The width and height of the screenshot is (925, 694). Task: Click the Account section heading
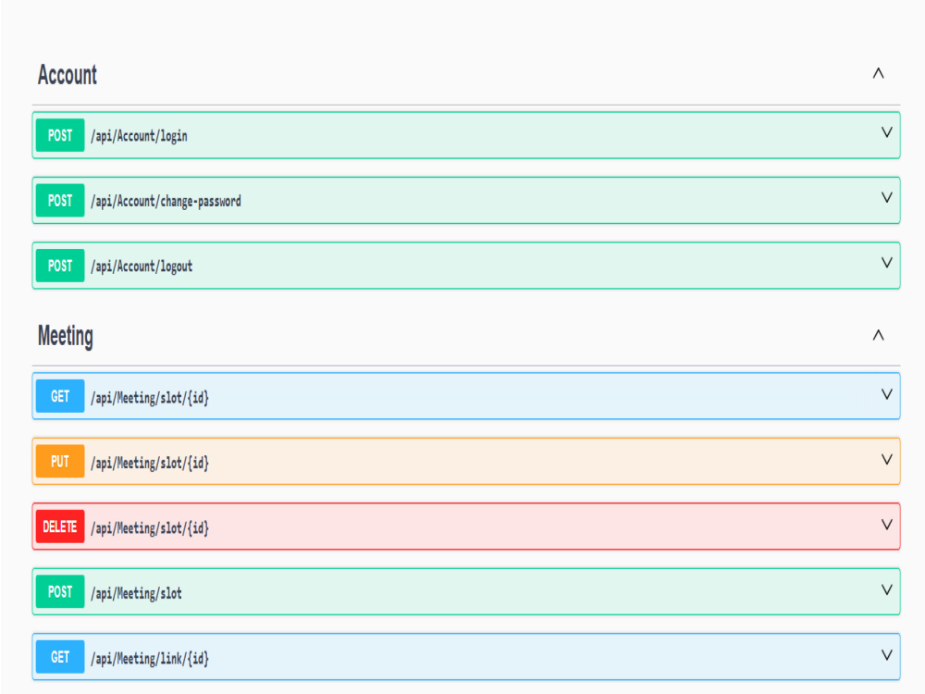(68, 75)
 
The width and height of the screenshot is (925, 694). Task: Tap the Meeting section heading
(66, 337)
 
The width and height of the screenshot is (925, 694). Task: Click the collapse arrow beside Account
(878, 73)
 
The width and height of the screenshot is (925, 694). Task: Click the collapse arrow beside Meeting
(878, 335)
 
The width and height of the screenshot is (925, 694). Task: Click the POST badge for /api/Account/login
(60, 135)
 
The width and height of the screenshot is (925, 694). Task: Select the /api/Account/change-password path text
(166, 201)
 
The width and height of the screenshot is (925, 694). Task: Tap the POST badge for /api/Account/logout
(60, 266)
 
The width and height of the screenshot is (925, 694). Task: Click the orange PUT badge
(60, 461)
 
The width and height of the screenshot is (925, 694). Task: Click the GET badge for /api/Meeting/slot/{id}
(60, 396)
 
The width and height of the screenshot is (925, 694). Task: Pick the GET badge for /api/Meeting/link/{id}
(60, 657)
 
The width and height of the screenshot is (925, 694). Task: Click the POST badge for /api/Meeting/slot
(60, 591)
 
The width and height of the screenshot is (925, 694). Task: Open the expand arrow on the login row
(886, 132)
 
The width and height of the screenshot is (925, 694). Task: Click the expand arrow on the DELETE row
(886, 524)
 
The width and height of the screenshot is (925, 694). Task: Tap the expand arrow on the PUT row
(886, 459)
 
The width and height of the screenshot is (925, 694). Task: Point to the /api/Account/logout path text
(142, 266)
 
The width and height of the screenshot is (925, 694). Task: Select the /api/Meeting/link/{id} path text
(150, 659)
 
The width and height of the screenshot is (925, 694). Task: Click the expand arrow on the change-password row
(886, 197)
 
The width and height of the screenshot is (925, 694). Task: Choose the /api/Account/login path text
(140, 136)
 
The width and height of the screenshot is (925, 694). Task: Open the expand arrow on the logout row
(886, 262)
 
